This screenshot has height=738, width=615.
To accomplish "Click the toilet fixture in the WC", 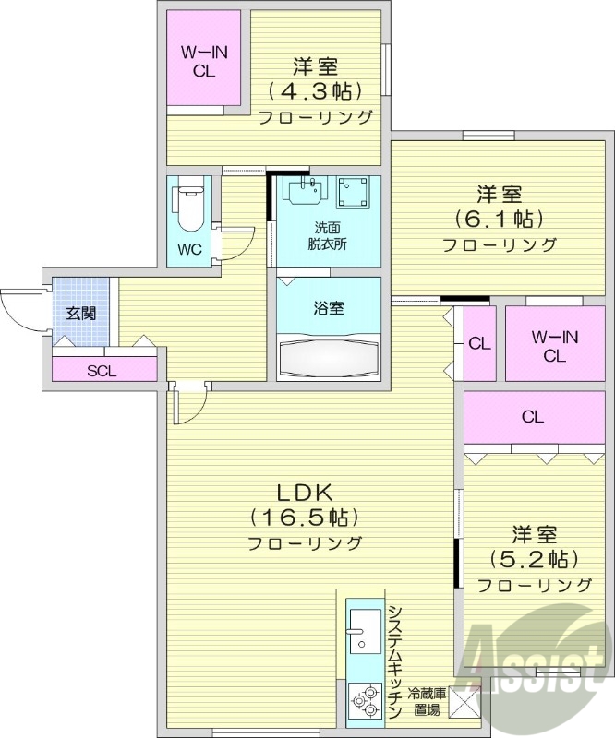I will pyautogui.click(x=189, y=208).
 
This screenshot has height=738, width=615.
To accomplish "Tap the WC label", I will pyautogui.click(x=189, y=249).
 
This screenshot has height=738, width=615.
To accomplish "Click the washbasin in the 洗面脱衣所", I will pyautogui.click(x=304, y=192).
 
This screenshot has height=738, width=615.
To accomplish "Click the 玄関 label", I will pyautogui.click(x=80, y=312).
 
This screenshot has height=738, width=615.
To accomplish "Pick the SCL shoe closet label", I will pyautogui.click(x=102, y=372).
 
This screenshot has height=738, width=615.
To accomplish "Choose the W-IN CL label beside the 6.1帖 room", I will pyautogui.click(x=554, y=346).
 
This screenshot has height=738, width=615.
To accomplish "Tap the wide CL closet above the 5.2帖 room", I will pyautogui.click(x=532, y=417).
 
